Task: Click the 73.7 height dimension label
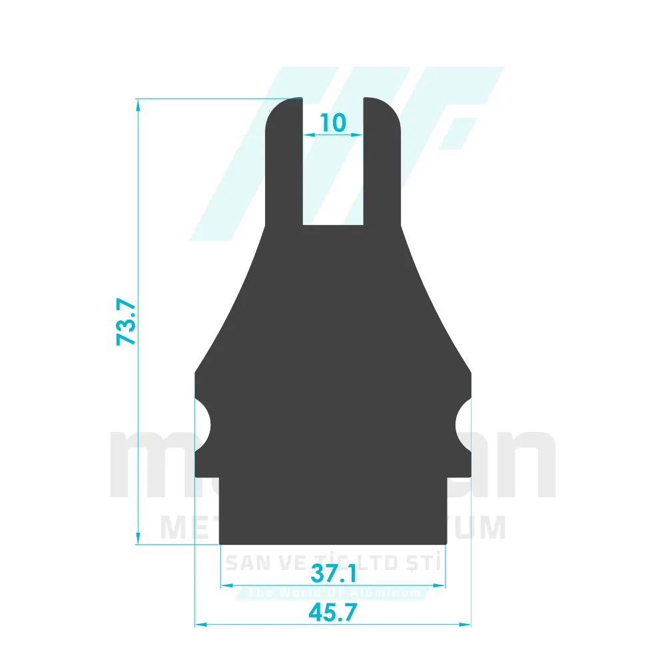[126, 322]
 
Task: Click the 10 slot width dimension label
[333, 123]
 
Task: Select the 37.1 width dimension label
[333, 573]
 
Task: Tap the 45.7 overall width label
[333, 611]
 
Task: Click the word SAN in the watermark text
[243, 564]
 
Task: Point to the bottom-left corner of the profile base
[221, 543]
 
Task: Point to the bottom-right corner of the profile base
[445, 543]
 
